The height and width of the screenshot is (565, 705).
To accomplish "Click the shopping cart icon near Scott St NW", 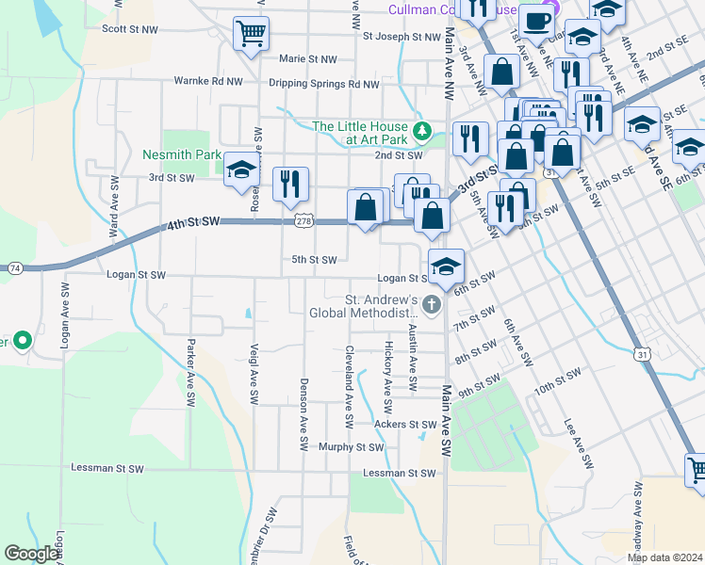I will click(x=251, y=35).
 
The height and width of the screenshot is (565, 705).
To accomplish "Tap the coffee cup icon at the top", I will click(x=536, y=21).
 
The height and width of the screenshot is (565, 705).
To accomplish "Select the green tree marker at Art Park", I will click(x=423, y=129).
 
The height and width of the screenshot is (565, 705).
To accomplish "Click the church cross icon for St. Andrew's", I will click(x=431, y=303).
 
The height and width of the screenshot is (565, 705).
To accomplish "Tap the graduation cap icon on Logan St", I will click(x=446, y=266).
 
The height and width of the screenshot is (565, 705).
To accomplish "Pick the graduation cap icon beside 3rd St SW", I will click(x=241, y=169).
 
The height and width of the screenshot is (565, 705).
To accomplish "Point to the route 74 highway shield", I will click(x=16, y=268).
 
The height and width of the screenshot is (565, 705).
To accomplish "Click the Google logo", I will click(x=31, y=553).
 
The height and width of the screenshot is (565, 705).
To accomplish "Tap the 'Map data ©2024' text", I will click(x=664, y=557).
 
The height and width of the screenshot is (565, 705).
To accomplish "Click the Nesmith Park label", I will click(x=181, y=154).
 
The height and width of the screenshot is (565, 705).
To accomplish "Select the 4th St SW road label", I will click(x=193, y=222).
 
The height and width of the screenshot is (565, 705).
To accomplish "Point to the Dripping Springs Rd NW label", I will click(x=323, y=84).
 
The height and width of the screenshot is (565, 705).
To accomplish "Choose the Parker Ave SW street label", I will click(x=191, y=373).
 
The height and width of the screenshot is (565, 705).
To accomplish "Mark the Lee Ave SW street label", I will click(x=578, y=444).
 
